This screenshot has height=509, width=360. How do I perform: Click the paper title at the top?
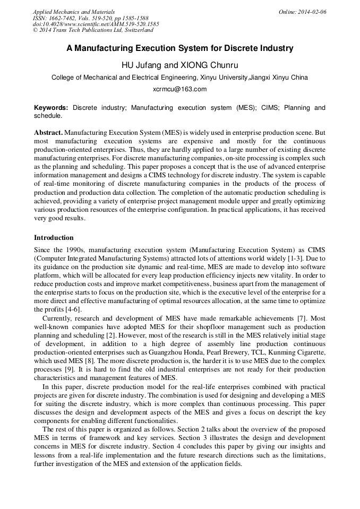[179, 48]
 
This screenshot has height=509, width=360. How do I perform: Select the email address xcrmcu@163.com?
[179, 89]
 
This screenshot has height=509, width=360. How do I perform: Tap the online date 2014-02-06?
[311, 12]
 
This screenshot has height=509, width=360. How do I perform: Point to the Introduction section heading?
[54, 237]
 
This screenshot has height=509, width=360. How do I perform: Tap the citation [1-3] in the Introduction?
[295, 257]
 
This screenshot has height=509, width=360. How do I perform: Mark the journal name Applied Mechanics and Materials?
[74, 12]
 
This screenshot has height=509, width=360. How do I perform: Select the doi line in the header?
[96, 24]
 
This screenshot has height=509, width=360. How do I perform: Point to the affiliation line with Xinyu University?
[179, 77]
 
